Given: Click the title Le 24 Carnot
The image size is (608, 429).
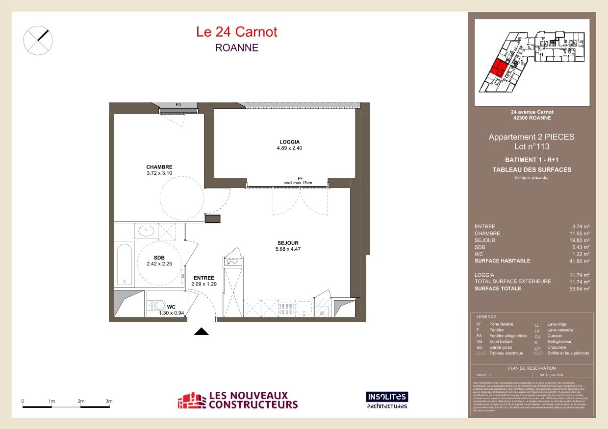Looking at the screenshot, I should [236, 32].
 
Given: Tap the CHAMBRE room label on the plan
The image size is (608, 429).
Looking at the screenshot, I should [159, 167].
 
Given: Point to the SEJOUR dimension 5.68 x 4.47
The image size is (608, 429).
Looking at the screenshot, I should [288, 249].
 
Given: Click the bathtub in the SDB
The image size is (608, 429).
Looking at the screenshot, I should [125, 264].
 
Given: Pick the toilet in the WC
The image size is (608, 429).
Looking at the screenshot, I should [159, 306].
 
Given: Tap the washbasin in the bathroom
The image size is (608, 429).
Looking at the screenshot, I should [146, 231].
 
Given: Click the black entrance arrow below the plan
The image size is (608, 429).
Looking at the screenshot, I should [202, 332].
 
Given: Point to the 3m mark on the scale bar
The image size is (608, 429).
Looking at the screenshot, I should [109, 402].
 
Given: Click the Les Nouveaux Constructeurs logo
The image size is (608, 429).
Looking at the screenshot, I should [238, 400].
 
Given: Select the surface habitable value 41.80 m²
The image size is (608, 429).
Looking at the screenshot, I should [580, 261].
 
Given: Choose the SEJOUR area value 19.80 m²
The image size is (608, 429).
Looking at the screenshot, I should [580, 240].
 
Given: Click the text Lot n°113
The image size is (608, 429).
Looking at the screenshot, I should [532, 146].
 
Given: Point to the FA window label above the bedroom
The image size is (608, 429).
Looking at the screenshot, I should [178, 105].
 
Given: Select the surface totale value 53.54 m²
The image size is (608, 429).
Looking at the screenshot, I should [580, 289].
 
